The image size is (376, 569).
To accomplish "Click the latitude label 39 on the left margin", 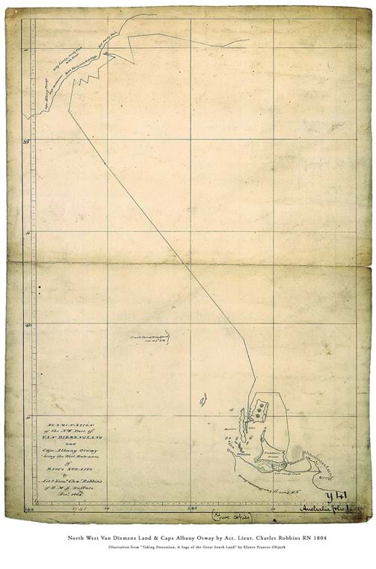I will click(27, 141).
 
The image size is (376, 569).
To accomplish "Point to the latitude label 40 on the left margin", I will click(28, 325).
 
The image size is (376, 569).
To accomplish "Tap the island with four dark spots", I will click(259, 409).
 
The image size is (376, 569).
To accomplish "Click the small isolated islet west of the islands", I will click(203, 401).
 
